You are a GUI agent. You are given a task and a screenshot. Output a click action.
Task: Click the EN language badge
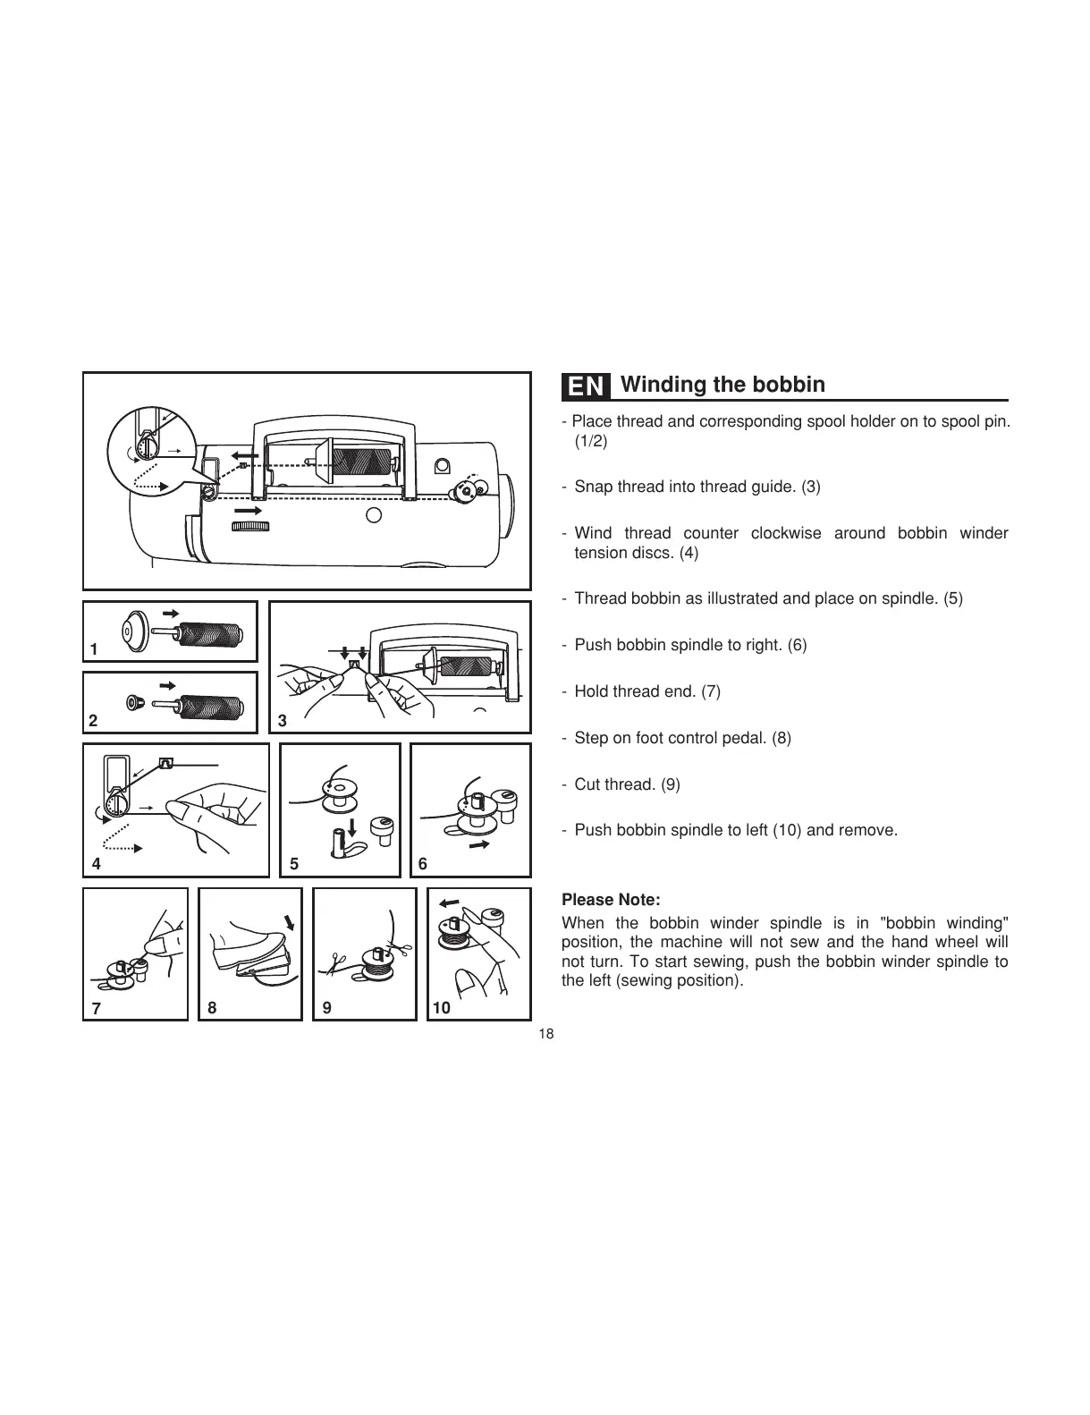[587, 386]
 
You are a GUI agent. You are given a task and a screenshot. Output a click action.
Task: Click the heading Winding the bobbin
[722, 385]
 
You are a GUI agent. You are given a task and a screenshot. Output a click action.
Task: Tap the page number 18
[546, 1034]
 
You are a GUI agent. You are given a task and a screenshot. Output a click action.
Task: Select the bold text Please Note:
[611, 900]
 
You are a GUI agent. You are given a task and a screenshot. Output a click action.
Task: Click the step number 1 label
[94, 649]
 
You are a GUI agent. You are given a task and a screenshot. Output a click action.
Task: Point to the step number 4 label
[97, 864]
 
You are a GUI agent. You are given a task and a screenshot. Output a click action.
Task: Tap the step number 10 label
[442, 1008]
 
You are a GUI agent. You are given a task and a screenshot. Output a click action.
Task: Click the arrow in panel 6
[480, 844]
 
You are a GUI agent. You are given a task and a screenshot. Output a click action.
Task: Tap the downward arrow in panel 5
[353, 825]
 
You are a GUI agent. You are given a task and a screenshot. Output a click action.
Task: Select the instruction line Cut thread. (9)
[627, 784]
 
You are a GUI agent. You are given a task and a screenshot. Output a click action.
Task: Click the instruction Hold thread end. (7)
[646, 691]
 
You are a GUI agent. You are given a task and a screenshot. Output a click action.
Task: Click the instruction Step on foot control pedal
[682, 738]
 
